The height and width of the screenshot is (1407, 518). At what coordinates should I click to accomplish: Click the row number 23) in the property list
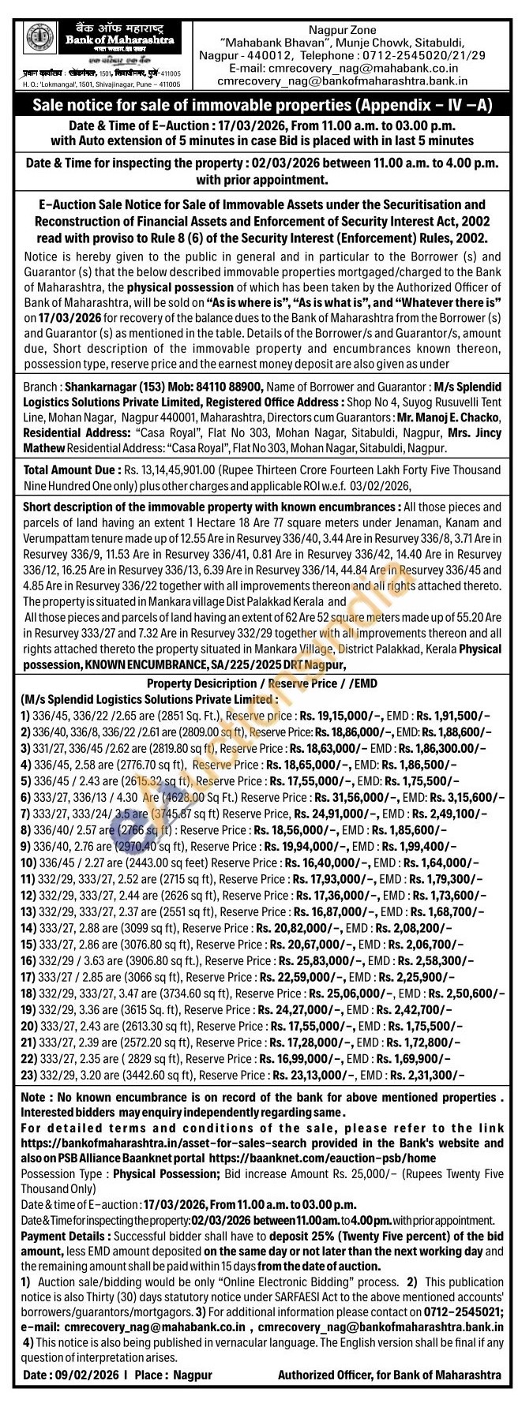(30, 1073)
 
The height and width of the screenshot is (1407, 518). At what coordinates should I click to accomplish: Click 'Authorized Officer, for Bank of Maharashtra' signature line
(389, 1374)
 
